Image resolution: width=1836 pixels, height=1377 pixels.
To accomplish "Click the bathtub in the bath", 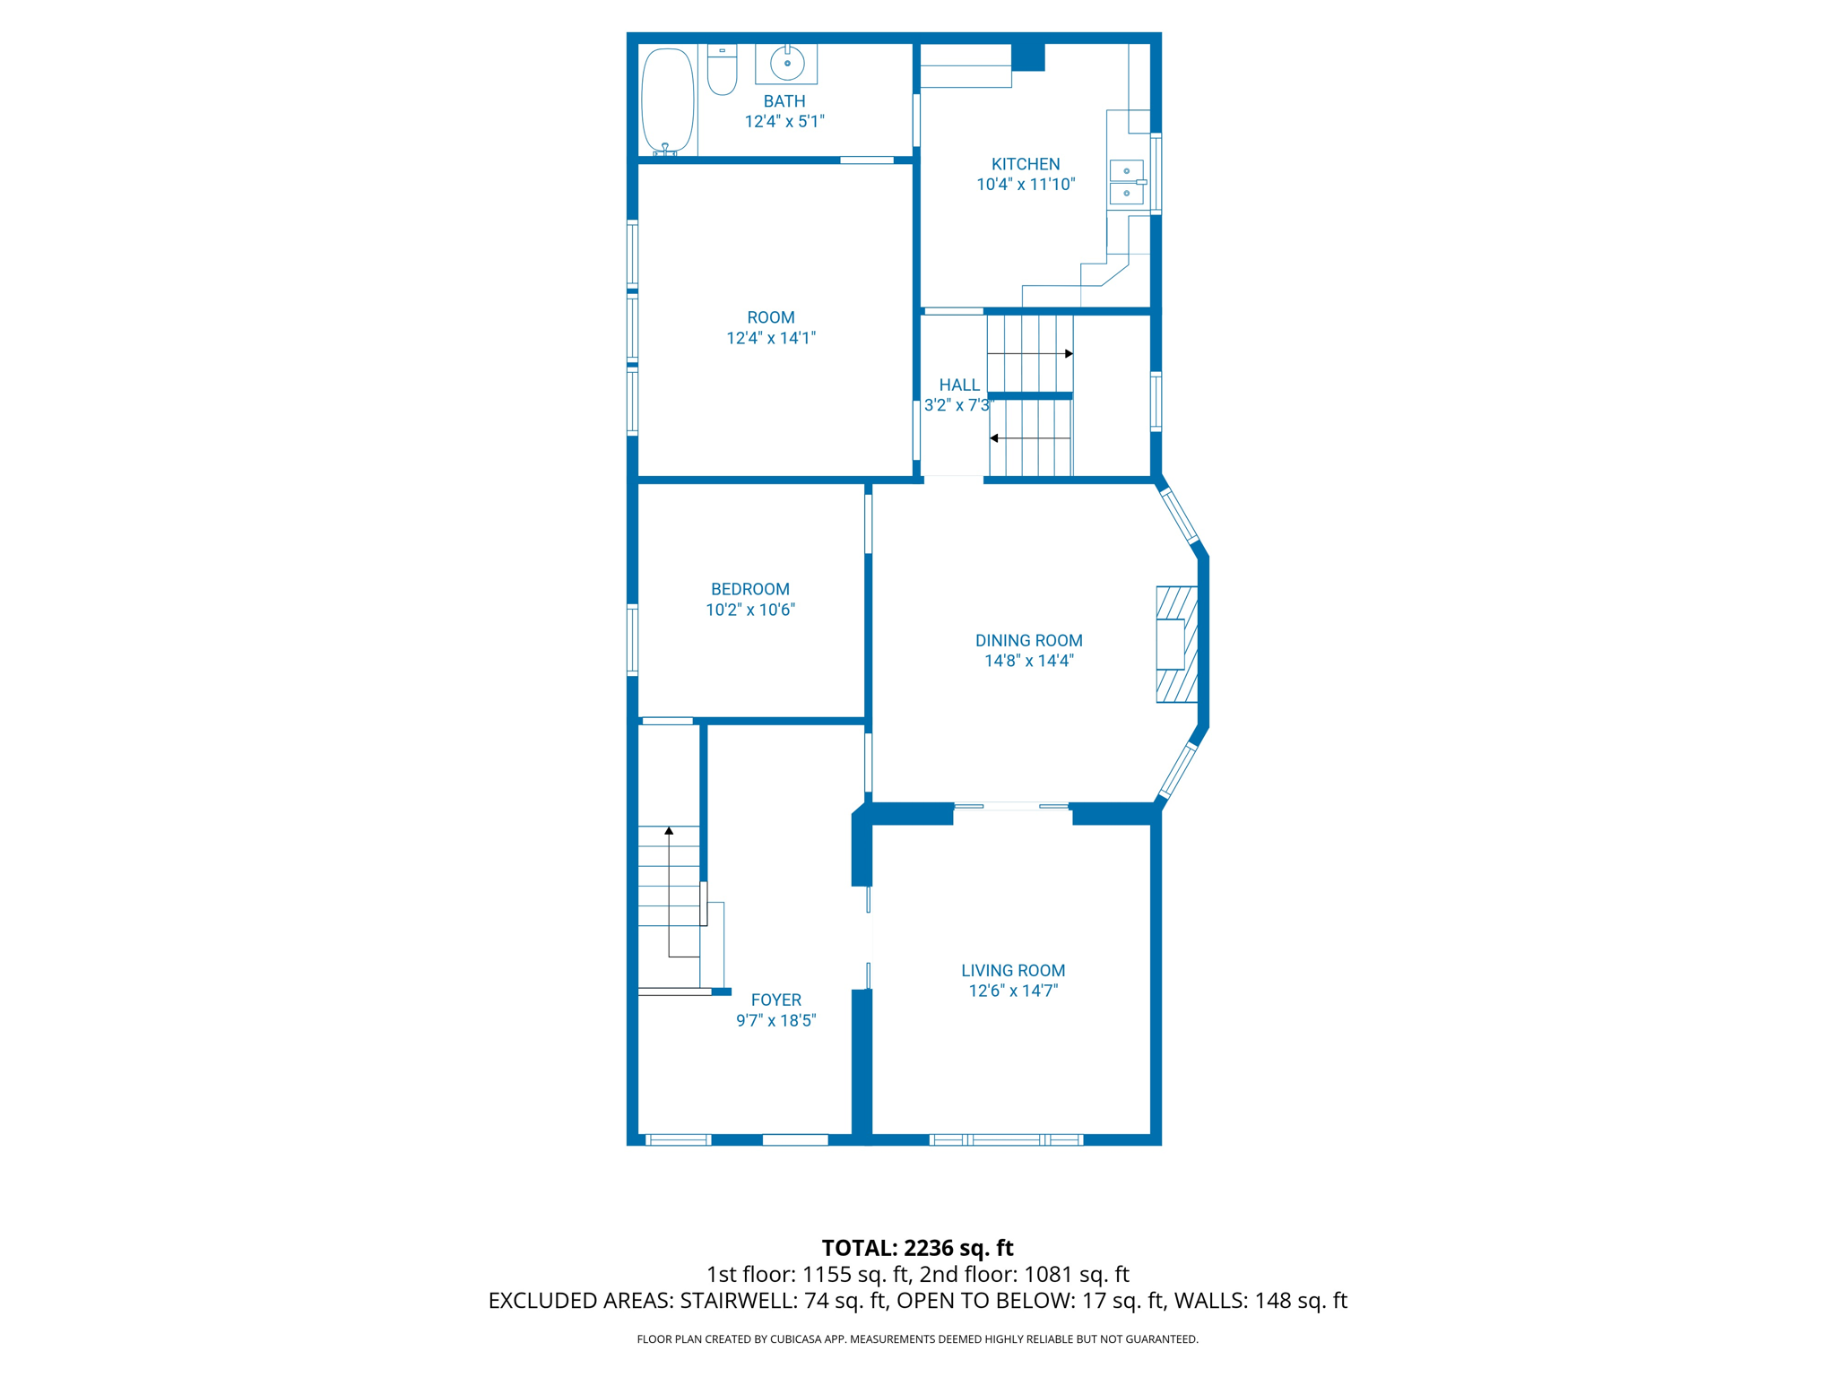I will tap(668, 100).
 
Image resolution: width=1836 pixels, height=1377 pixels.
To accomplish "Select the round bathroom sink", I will tap(787, 64).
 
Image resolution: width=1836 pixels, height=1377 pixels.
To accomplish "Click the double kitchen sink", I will tap(1127, 182).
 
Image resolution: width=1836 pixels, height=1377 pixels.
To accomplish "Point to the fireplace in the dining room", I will tap(1175, 644).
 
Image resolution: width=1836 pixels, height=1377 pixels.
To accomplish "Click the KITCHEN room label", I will tap(1025, 164).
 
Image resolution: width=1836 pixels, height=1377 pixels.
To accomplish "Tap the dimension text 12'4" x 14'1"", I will tap(770, 338).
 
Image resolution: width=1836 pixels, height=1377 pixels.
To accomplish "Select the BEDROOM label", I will tap(749, 589).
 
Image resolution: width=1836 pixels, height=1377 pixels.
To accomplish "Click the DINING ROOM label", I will tap(1028, 640).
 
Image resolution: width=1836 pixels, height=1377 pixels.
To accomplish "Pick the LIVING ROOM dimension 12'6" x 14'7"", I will tap(1013, 991).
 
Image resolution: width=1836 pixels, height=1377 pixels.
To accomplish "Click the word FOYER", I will tap(775, 1000).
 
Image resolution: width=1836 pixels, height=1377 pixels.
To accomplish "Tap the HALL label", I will tap(958, 385).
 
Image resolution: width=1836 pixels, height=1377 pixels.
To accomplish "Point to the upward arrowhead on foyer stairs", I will tap(669, 831).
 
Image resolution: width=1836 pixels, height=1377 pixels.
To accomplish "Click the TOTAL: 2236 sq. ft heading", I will tap(917, 1248).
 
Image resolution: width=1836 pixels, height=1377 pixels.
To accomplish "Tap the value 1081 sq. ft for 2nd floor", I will tap(1076, 1274).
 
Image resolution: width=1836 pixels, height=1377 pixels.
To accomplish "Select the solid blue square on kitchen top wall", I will tap(1028, 56).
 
